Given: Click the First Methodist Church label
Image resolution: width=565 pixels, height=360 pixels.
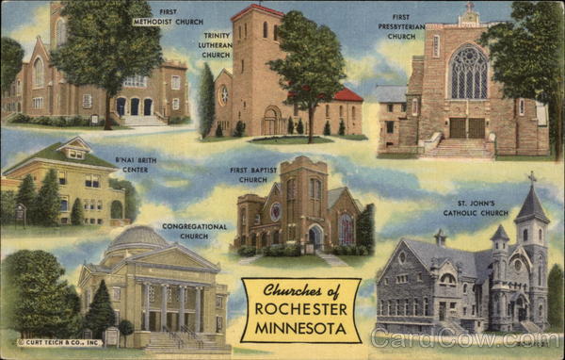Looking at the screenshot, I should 181,16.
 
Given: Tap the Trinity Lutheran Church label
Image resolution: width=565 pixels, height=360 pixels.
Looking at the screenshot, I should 216,44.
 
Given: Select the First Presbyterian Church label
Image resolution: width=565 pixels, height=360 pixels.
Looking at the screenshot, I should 401,25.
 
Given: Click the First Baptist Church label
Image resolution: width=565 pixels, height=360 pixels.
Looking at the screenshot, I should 253,174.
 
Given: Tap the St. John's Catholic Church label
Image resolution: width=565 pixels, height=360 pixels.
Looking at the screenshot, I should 476,206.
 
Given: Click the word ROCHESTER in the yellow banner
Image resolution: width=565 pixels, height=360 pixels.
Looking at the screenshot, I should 300,308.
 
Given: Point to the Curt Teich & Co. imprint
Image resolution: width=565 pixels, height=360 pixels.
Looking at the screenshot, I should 59,343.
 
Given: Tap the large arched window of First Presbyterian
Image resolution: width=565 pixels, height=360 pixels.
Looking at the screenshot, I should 468,74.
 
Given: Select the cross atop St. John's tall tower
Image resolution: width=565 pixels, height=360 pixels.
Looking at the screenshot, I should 532,177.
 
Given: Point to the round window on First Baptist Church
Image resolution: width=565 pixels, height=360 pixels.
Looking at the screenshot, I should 275,211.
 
